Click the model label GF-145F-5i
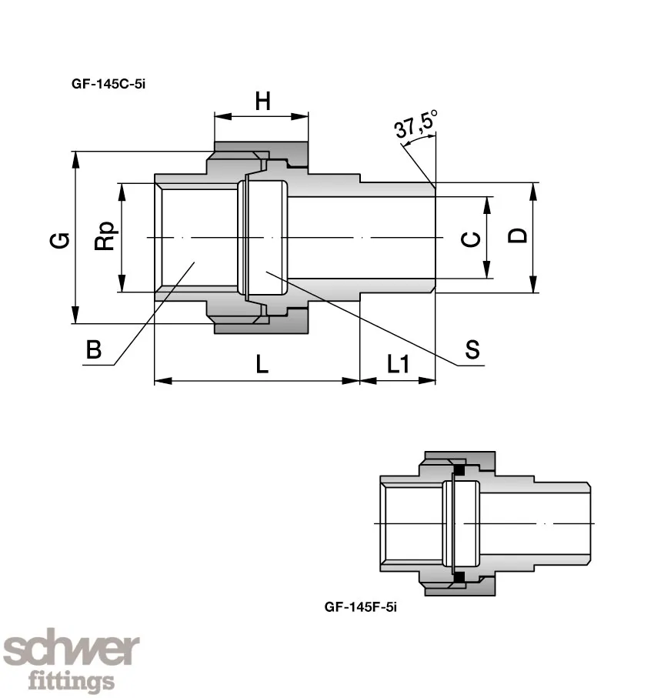pyautogui.click(x=360, y=606)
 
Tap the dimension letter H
pyautogui.click(x=263, y=101)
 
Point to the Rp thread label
pyautogui.click(x=104, y=237)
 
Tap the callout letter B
pyautogui.click(x=94, y=350)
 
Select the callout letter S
pyautogui.click(x=472, y=350)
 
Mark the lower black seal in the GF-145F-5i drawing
pyautogui.click(x=460, y=577)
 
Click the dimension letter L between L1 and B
pyautogui.click(x=262, y=364)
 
